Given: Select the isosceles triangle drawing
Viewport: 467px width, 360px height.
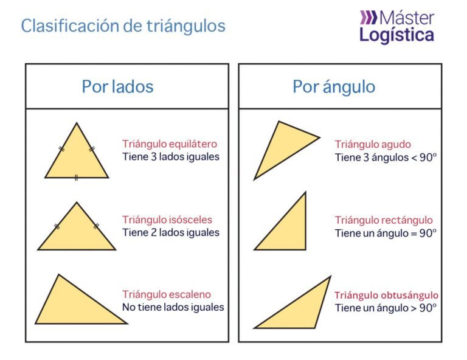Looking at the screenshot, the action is pyautogui.click(x=77, y=234).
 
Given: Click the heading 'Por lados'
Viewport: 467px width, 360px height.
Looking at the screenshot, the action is pyautogui.click(x=117, y=87).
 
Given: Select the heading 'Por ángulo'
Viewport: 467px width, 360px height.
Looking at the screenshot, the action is pyautogui.click(x=334, y=87).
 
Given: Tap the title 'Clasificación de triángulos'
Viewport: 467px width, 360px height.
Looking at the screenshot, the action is pyautogui.click(x=123, y=26).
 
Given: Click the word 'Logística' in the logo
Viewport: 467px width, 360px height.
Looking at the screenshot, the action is pyautogui.click(x=396, y=35).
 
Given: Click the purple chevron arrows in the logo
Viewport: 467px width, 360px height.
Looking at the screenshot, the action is pyautogui.click(x=368, y=17).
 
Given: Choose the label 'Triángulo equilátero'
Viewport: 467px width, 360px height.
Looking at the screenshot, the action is pyautogui.click(x=170, y=144).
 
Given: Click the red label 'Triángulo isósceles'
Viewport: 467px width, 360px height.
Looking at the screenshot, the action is pyautogui.click(x=167, y=220).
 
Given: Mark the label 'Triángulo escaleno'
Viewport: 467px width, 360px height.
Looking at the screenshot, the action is pyautogui.click(x=166, y=294).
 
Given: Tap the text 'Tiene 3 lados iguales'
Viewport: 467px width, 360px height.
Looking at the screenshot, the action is pyautogui.click(x=171, y=157).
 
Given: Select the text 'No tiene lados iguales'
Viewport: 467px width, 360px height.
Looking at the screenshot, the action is pyautogui.click(x=173, y=308).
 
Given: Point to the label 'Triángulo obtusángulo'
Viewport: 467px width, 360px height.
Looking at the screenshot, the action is pyautogui.click(x=386, y=295).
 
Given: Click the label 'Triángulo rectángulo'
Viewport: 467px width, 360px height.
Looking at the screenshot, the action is pyautogui.click(x=384, y=220).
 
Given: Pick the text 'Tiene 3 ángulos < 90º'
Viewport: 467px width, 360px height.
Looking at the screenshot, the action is pyautogui.click(x=386, y=157).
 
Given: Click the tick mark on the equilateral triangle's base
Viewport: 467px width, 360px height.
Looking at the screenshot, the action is pyautogui.click(x=76, y=178).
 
